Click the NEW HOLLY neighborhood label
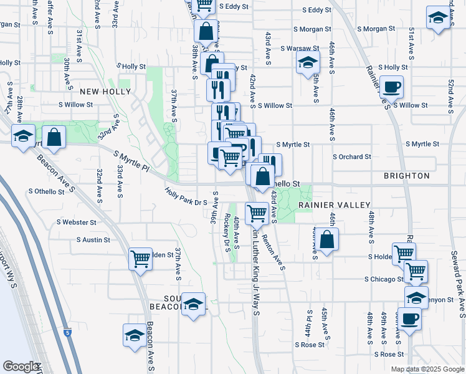[x=105, y=92]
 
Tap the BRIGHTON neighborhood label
[x=407, y=176]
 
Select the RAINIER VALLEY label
[x=335, y=204]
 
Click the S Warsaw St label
[x=300, y=48]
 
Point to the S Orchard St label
[x=352, y=157]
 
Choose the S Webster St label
[x=76, y=222]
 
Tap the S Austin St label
[x=93, y=239]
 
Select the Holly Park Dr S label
[x=186, y=197]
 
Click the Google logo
[x=21, y=367]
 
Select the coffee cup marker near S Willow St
[x=391, y=87]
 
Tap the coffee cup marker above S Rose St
[x=409, y=320]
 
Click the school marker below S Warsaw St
[x=308, y=62]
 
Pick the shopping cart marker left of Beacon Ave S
[x=141, y=258]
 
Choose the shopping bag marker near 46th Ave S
[x=326, y=239]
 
